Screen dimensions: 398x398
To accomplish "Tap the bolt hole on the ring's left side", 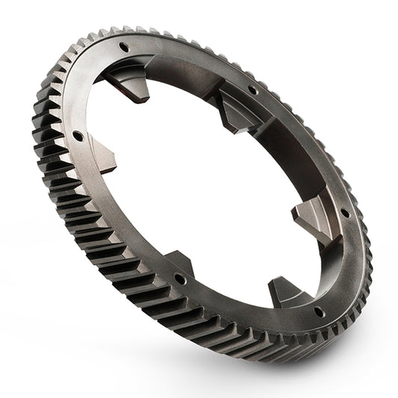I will pyautogui.click(x=77, y=136).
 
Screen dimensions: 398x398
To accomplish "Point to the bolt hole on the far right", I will pyautogui.click(x=344, y=213).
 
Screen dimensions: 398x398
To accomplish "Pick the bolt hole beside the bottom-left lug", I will pyautogui.click(x=180, y=279).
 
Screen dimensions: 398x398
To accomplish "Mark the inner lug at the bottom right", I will pyautogui.click(x=283, y=291).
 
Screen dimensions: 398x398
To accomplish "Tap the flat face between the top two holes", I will pyautogui.click(x=187, y=60).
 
